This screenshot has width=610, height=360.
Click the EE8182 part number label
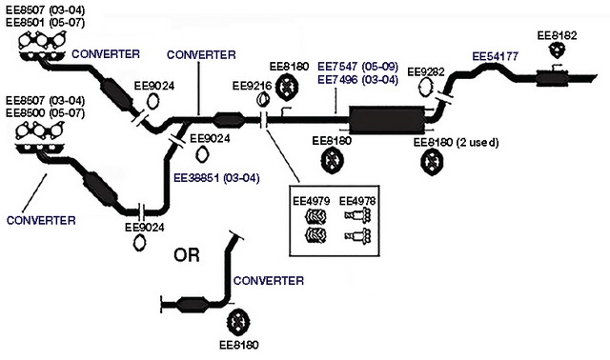[x=557, y=35]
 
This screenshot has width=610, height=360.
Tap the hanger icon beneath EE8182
[x=557, y=50]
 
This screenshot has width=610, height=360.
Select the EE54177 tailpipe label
[x=496, y=57]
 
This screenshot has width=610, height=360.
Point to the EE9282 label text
[x=425, y=72]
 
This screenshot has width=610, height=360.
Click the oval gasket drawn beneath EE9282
[x=425, y=87]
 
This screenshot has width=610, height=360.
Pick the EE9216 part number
[x=252, y=86]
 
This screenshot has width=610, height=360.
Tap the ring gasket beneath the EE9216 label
[x=263, y=100]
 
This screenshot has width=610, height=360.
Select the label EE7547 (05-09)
[x=358, y=67]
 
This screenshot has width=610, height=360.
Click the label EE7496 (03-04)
[x=358, y=80]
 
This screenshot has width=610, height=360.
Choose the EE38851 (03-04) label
[x=216, y=178]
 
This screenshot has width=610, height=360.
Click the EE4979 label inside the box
[x=312, y=201]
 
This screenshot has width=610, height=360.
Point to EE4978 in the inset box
[x=357, y=201]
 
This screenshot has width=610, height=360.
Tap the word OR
[x=187, y=255]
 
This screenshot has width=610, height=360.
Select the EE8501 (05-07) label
[x=45, y=22]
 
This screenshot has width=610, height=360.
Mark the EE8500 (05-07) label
[x=45, y=113]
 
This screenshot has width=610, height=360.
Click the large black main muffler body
[x=387, y=120]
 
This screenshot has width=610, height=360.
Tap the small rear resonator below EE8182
[x=552, y=78]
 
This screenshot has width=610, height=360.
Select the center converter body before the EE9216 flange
[x=229, y=119]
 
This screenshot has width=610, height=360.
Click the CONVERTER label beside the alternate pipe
[x=269, y=281]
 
